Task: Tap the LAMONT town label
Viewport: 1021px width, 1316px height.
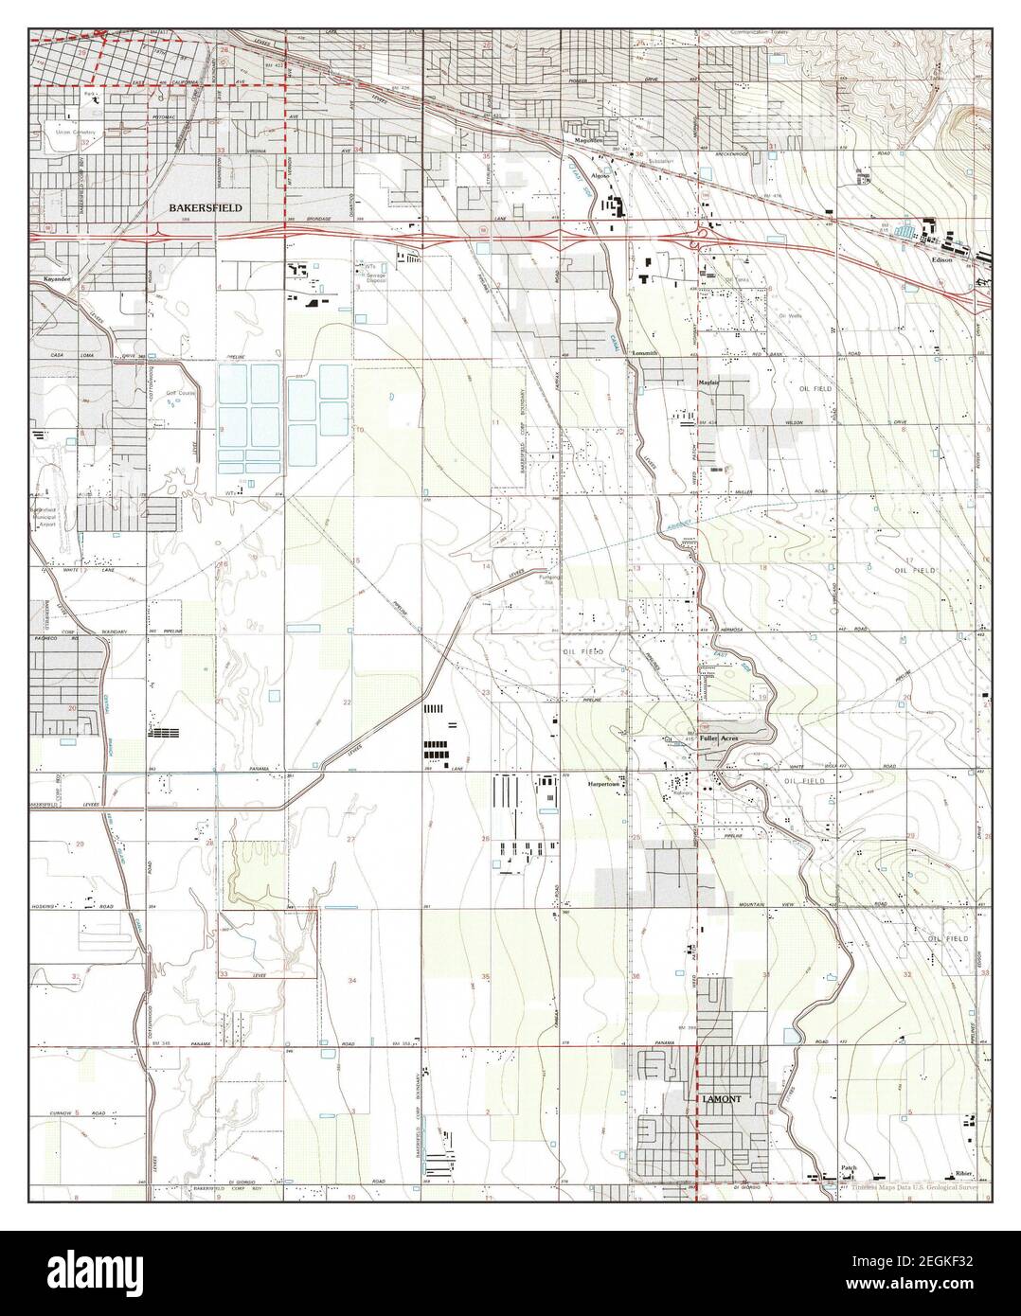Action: point(723,1098)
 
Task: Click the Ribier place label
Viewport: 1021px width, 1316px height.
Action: point(964,1171)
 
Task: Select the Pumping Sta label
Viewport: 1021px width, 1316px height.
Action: point(550,579)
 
